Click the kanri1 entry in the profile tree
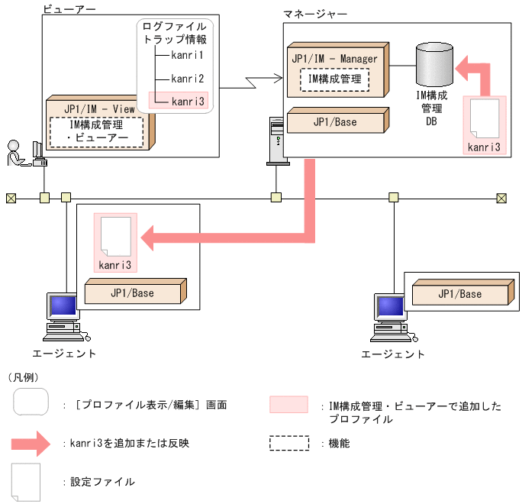[186, 55]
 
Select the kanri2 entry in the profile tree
[186, 78]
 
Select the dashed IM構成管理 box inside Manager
[334, 79]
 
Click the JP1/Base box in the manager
[334, 121]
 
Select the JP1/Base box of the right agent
[460, 294]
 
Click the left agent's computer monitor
[62, 307]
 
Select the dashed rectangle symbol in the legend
[289, 443]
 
